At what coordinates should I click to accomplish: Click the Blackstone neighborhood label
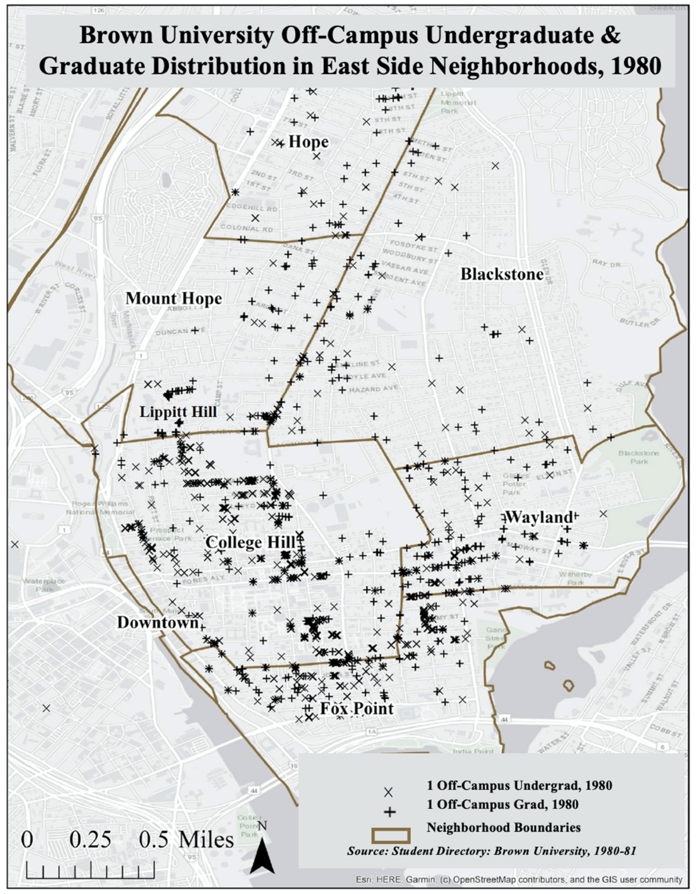coord(502,274)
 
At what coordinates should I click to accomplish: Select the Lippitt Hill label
coord(178,412)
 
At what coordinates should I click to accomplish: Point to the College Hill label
coord(250,543)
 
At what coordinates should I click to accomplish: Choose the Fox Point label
coord(356,709)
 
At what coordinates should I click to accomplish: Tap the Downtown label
coord(158,623)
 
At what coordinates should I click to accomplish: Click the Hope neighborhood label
coord(309,142)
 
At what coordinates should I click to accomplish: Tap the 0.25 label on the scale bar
coord(90,840)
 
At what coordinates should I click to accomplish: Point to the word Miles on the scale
coord(206,840)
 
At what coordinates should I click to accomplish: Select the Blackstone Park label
coord(639,457)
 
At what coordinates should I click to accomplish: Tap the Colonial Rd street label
coord(246,228)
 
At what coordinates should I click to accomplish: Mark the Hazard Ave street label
coord(373,388)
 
